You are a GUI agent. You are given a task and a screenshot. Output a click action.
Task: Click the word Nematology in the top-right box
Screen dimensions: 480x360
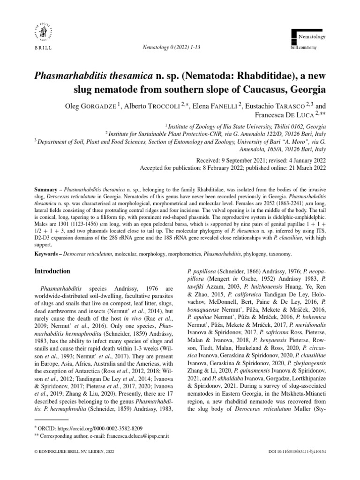(x=313, y=36)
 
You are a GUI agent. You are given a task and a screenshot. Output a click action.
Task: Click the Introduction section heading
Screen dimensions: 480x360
(x=53, y=271)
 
